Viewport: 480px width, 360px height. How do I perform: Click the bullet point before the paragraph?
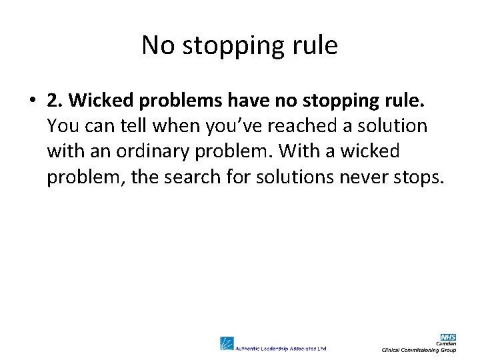(31, 101)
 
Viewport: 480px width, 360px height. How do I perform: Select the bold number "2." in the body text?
(55, 100)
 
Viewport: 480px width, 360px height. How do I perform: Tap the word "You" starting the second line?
(62, 125)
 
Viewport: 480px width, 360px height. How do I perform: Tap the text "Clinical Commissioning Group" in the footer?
(419, 350)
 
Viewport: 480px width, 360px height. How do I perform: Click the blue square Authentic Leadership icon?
(227, 343)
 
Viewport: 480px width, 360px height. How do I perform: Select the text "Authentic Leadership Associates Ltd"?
(281, 347)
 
